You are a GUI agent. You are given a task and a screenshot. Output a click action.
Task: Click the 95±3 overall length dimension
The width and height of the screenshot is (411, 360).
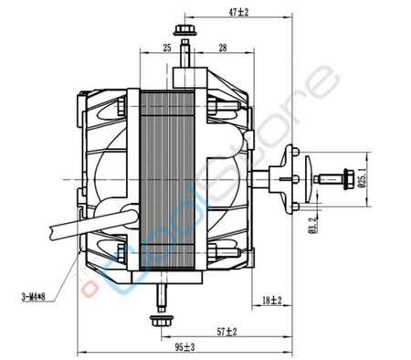pos(185,347)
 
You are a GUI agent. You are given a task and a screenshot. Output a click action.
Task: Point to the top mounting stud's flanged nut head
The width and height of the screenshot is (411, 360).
pos(185,31)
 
